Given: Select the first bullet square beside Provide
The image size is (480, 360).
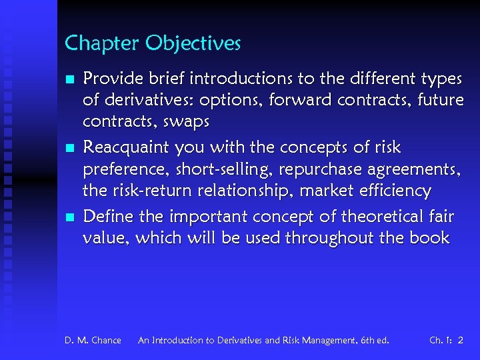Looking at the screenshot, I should (x=69, y=79).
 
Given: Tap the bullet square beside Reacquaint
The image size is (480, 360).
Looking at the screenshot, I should (x=69, y=147).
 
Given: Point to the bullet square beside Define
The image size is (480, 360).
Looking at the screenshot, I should (x=69, y=216).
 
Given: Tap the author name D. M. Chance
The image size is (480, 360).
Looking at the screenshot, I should (x=93, y=341).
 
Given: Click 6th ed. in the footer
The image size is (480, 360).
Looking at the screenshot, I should (x=375, y=341).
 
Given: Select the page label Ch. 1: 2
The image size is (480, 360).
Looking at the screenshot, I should (x=446, y=341).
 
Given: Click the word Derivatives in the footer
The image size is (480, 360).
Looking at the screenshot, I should (x=235, y=341).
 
